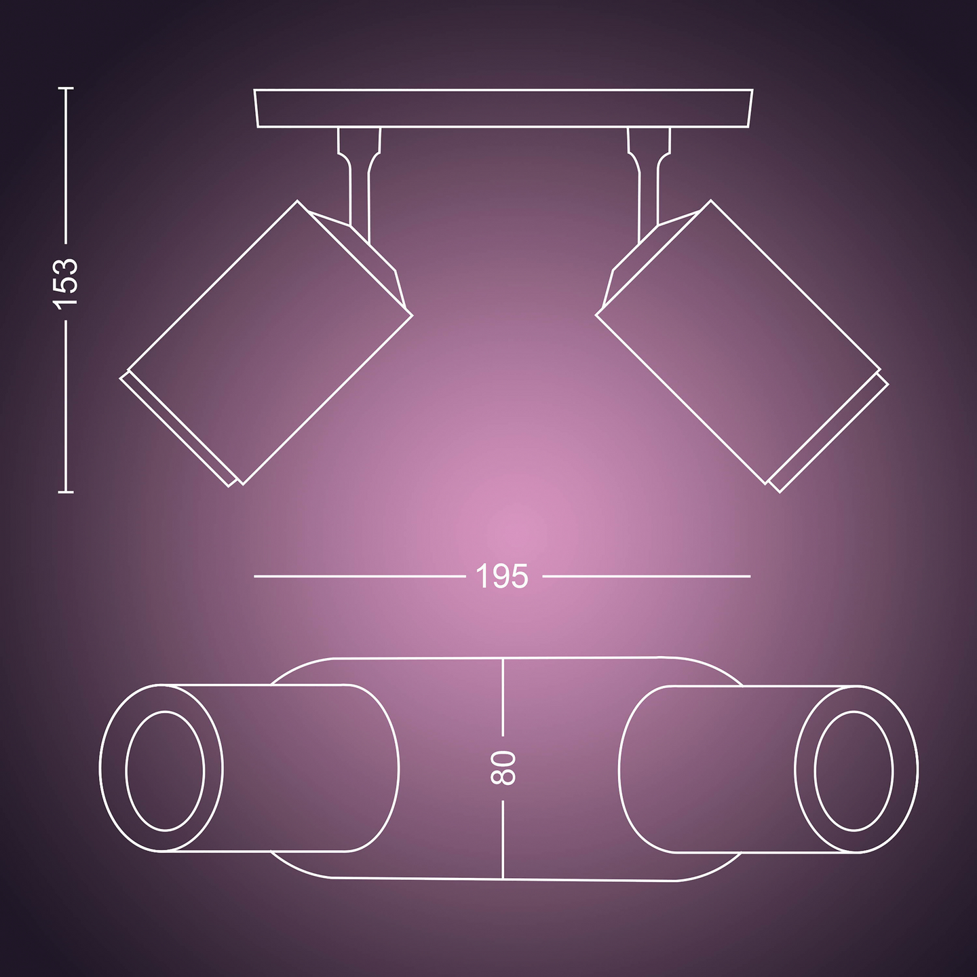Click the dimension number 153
coord(66,282)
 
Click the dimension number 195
coord(502,577)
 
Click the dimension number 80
coord(503,767)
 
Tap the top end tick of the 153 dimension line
coord(66,88)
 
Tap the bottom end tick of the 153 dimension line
coord(66,491)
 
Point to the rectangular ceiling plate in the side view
coord(503,109)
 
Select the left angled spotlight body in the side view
coord(270,343)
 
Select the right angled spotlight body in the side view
coord(738,343)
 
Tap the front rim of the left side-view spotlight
coord(178,432)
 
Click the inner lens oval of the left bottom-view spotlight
coord(165,770)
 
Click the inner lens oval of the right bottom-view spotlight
coord(854,770)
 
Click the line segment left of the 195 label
coord(360,577)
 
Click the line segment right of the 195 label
coord(647,577)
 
